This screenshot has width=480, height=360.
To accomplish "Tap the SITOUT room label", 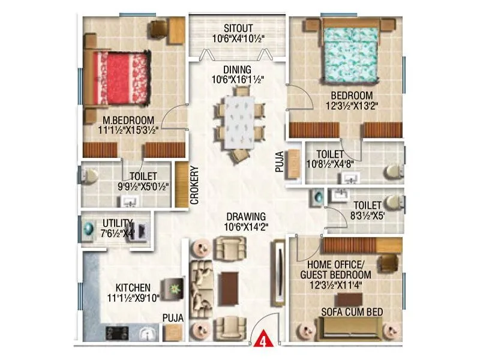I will tap(239, 28).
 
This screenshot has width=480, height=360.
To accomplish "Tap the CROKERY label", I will tap(195, 186).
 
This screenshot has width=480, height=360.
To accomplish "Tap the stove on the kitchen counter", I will tap(116, 332).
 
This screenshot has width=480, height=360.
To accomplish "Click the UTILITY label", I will tap(117, 223).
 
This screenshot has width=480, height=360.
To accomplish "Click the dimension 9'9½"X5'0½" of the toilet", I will tap(143, 186).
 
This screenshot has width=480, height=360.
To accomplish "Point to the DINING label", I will tap(239, 70).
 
